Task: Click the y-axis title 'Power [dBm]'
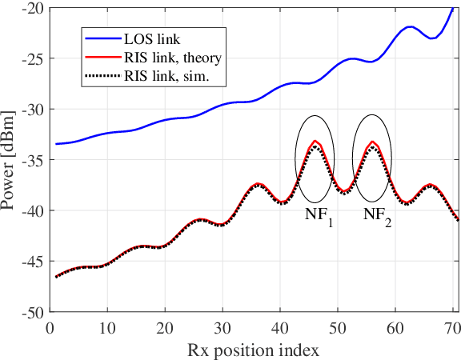10,160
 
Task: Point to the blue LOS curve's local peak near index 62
410,26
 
